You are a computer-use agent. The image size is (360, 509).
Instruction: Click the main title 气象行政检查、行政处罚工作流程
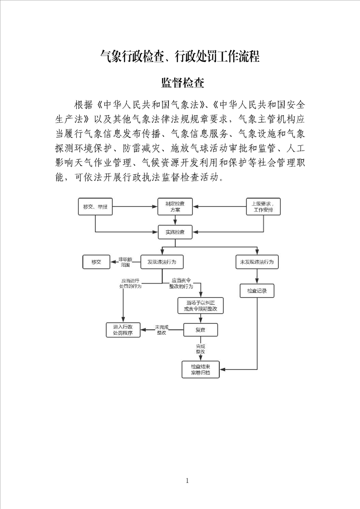tap(180, 57)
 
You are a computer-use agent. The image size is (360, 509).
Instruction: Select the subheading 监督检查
tap(183, 83)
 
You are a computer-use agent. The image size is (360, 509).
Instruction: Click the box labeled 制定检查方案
tap(175, 207)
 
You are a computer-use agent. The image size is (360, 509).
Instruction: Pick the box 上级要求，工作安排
tap(263, 207)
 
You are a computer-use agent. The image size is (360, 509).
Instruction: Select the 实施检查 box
tap(175, 232)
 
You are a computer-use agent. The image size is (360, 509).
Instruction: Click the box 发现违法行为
tap(162, 262)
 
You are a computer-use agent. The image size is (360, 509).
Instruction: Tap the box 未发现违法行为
tap(256, 262)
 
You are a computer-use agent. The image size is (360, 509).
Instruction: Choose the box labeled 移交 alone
tap(96, 262)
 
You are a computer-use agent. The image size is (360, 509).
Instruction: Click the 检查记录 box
tap(256, 291)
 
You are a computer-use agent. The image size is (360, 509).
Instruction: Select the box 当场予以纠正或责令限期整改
tap(200, 306)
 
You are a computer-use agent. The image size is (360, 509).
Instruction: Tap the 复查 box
tap(200, 330)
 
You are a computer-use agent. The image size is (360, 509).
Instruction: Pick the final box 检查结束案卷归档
tap(200, 369)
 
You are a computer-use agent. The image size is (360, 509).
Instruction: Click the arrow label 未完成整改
tap(162, 330)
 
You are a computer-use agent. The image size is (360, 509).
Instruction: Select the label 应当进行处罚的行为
tap(130, 284)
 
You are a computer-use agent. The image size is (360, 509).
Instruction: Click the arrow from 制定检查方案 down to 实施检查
tap(175, 220)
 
